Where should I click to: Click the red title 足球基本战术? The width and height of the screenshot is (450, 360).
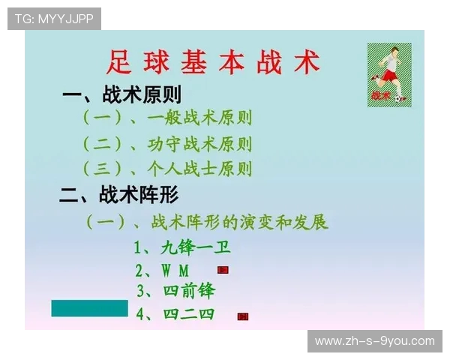click(214, 62)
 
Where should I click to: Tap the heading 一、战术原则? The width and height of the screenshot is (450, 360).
click(121, 94)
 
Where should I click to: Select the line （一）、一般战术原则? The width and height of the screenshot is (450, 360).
click(166, 118)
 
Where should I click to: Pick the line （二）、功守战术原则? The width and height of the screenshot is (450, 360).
click(166, 143)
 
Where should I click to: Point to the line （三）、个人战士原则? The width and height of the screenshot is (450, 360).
click(166, 168)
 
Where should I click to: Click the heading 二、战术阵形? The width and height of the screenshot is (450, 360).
click(120, 196)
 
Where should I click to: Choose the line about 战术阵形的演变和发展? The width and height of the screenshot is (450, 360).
click(207, 222)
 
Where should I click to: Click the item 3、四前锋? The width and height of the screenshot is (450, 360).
click(176, 290)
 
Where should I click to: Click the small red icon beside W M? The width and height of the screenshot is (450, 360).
click(223, 269)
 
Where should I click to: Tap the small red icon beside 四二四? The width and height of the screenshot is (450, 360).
click(243, 316)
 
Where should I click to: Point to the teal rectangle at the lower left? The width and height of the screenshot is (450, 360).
click(89, 307)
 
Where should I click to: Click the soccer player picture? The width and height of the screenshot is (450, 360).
click(389, 73)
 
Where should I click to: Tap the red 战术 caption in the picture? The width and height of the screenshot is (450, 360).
click(380, 95)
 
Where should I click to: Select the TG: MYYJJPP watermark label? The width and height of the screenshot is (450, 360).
click(54, 19)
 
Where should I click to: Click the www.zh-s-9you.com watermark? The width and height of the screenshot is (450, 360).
click(374, 341)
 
